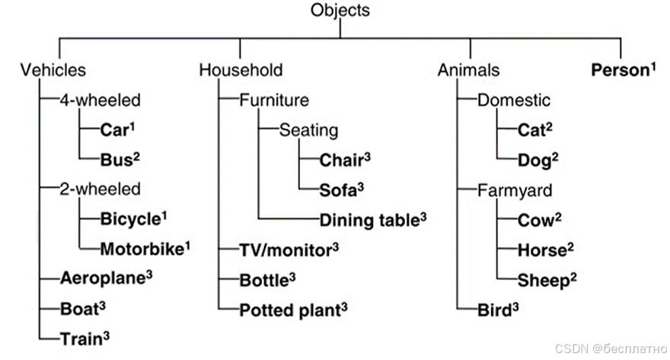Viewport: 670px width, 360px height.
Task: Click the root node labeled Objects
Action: click(x=340, y=11)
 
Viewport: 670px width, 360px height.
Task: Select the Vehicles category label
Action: click(x=53, y=71)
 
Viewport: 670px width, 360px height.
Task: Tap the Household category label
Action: click(x=241, y=71)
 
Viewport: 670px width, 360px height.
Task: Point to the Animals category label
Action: click(x=468, y=71)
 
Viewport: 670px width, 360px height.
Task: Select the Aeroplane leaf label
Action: click(x=103, y=278)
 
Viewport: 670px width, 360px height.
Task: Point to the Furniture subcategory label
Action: click(x=274, y=100)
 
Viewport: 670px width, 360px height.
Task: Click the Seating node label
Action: click(x=308, y=130)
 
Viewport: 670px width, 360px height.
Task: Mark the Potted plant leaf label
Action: click(x=290, y=309)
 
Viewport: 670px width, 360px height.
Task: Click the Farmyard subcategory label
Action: click(x=509, y=189)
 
